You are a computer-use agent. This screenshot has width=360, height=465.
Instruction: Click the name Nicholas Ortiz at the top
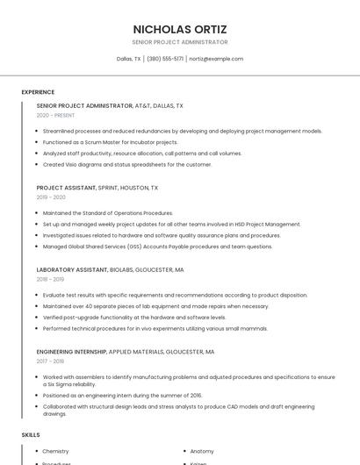(x=180, y=29)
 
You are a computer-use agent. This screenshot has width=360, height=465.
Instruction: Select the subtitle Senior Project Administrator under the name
(x=180, y=42)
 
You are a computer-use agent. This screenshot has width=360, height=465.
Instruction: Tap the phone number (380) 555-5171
(x=165, y=59)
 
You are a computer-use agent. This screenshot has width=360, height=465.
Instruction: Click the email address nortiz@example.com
(x=216, y=59)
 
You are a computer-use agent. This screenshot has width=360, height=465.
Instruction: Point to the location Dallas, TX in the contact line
(x=128, y=59)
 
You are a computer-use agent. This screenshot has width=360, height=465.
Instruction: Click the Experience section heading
(x=38, y=92)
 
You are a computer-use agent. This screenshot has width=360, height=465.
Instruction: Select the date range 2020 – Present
(x=55, y=115)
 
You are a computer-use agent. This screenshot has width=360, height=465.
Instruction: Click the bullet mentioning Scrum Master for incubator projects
(x=110, y=142)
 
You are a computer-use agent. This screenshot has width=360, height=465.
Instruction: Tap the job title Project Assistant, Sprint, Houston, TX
(x=97, y=188)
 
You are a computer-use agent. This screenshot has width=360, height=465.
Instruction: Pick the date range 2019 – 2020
(x=51, y=197)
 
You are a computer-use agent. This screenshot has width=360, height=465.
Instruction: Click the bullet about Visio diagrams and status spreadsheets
(x=126, y=164)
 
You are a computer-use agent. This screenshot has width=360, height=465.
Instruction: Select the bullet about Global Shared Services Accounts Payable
(x=157, y=247)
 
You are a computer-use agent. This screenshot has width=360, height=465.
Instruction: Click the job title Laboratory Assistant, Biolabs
(x=110, y=270)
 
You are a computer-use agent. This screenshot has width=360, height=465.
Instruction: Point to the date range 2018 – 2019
(x=50, y=280)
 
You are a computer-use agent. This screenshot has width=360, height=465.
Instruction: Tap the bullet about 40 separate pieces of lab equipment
(x=155, y=306)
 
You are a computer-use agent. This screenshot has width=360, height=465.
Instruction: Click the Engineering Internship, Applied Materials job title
(x=126, y=352)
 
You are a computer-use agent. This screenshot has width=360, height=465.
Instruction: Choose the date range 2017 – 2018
(x=50, y=361)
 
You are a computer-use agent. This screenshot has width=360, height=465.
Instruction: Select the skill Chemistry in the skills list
(x=56, y=451)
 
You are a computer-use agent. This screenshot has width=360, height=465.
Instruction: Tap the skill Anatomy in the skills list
(x=202, y=451)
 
